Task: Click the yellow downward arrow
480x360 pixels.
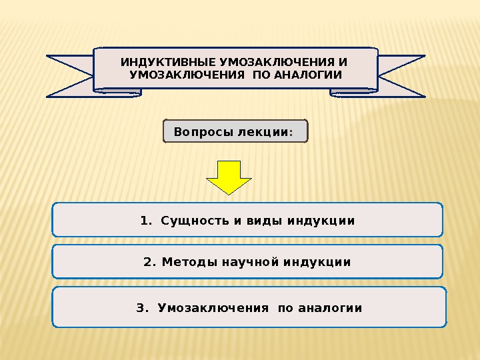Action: (229, 176)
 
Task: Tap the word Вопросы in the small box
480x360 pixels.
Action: (199, 132)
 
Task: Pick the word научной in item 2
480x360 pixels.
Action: (245, 262)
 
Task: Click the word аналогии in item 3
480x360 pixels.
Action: (330, 308)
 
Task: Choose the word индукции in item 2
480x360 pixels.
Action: (317, 262)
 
